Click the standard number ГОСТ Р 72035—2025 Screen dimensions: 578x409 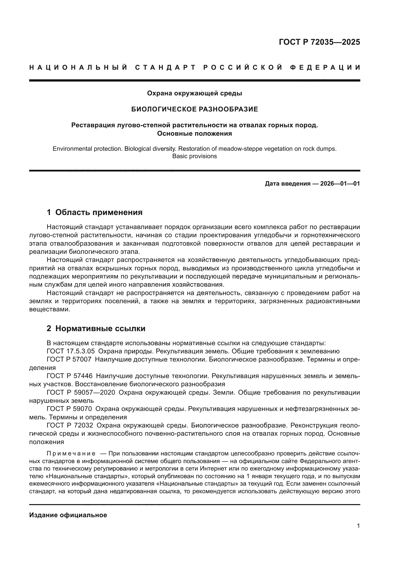[319, 42]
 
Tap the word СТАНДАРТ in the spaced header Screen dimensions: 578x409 [165, 67]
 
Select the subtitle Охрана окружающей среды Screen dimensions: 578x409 [194, 93]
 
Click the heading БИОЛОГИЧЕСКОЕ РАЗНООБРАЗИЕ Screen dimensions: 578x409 [194, 109]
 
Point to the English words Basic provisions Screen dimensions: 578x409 [194, 156]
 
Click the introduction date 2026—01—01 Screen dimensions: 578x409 [340, 184]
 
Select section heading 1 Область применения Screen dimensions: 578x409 [95, 212]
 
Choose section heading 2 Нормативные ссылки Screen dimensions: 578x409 [96, 328]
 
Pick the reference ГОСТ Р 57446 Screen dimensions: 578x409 [69, 376]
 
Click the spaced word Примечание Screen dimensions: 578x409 [71, 453]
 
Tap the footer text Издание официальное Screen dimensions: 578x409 [68, 515]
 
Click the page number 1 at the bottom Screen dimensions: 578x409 [358, 526]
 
